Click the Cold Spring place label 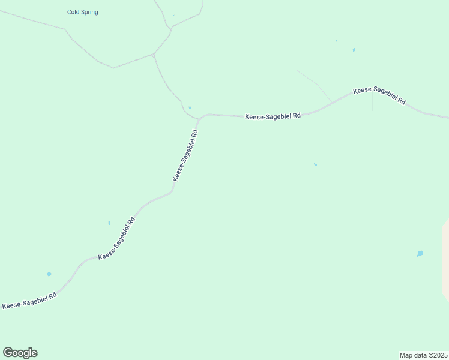coord(83,12)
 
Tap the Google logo coord(20,353)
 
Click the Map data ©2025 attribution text coord(423,355)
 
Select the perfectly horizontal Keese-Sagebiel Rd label coord(273,116)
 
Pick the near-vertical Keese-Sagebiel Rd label coord(185,156)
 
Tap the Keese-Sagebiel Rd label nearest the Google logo coord(29,301)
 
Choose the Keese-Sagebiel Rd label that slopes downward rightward coord(379,96)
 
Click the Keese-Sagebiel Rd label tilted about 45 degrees coord(116,238)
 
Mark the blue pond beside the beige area coord(420,254)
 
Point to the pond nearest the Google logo coord(49,274)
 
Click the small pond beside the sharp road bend coord(190,107)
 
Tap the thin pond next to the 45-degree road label coord(109,223)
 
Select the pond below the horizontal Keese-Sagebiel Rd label coord(315,164)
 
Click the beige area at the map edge coord(445,258)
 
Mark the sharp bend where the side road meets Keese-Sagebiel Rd coord(200,117)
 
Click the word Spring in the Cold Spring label coord(90,12)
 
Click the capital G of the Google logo coord(8,352)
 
